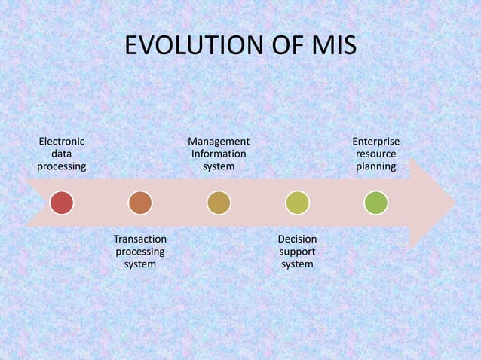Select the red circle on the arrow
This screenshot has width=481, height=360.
point(62,203)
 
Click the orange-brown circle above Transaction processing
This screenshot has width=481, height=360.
point(140,203)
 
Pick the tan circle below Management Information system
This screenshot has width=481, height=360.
point(219,203)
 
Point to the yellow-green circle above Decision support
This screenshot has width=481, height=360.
point(297,203)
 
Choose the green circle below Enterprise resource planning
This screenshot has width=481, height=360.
point(375,203)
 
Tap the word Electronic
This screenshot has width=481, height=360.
point(62,141)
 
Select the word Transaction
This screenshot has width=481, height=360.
point(139,239)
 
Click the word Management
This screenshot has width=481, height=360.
point(219,141)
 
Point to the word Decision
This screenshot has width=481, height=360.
point(297,239)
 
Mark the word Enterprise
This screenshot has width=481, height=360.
point(376,141)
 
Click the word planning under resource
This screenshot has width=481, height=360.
point(376,166)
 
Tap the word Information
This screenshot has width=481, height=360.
point(219,154)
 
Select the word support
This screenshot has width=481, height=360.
point(297,252)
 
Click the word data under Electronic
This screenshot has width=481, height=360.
point(62,154)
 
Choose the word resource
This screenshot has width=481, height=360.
point(376,154)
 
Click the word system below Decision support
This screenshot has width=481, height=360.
point(297,264)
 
